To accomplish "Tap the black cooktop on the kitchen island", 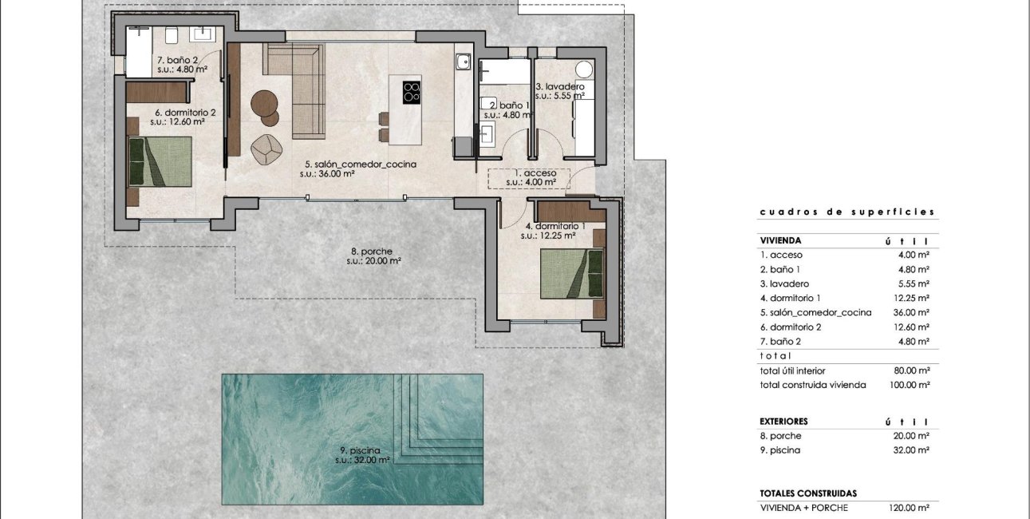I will (x=412, y=93).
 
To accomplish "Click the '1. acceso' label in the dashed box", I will (x=529, y=173).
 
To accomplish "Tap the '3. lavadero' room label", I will (x=560, y=86).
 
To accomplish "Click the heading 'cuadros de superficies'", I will (x=846, y=212).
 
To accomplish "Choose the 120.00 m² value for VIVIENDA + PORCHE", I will (x=910, y=508).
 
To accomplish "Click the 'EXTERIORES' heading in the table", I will (x=783, y=422).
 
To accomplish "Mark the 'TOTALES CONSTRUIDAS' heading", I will (x=808, y=493).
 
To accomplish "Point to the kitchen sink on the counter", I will (x=461, y=61).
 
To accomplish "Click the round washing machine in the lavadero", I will (x=585, y=69).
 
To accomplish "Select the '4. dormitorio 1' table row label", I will (x=790, y=299).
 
